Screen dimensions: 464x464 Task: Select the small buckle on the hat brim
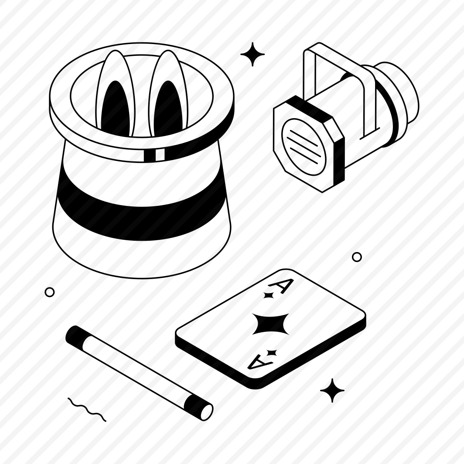tap(154, 154)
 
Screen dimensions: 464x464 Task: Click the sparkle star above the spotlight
tap(252, 54)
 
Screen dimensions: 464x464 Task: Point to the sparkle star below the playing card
tap(332, 390)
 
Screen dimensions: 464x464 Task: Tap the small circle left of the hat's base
tap(50, 292)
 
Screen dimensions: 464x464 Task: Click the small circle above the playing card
tap(357, 257)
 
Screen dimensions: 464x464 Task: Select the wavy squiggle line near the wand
tap(87, 409)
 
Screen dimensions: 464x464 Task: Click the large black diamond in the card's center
tap(270, 324)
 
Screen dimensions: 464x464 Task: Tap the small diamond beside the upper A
tap(269, 295)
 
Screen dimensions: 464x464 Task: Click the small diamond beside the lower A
tap(271, 352)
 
